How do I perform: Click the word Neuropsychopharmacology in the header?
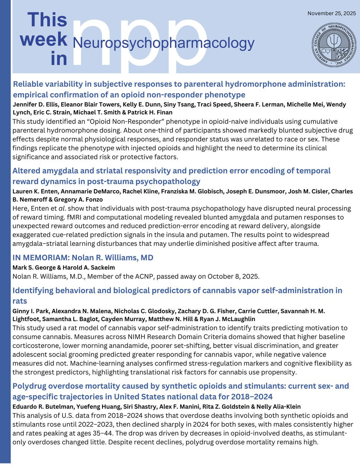point(163,43)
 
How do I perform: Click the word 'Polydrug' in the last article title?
point(31,386)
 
